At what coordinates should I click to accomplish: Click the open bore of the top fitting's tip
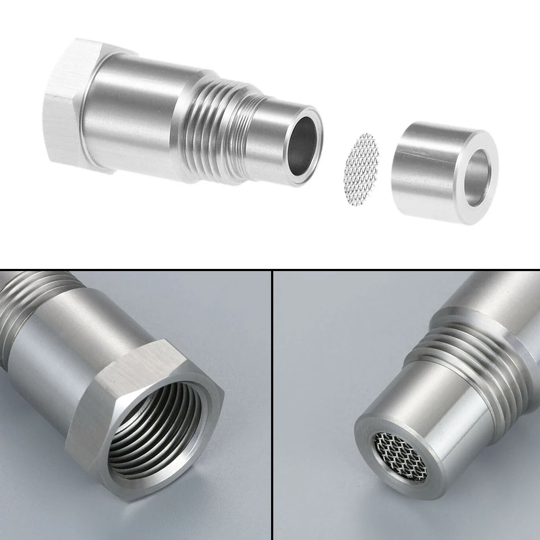pos(302,146)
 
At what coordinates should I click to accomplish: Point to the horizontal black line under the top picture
pos(270,269)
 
